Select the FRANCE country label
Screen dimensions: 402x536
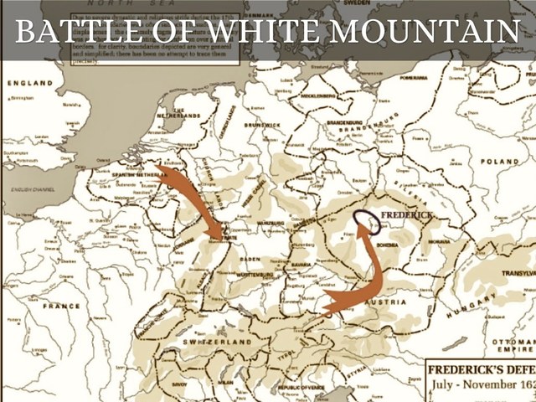62,307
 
